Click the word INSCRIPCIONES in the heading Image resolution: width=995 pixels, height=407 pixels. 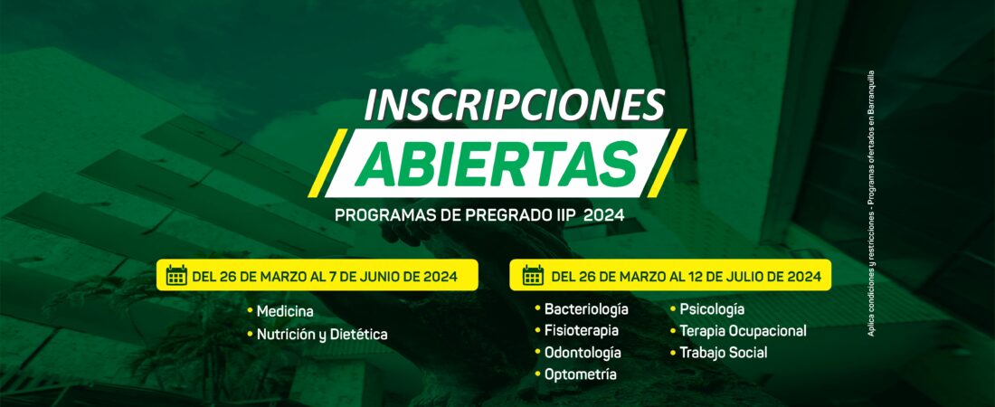click(x=515, y=104)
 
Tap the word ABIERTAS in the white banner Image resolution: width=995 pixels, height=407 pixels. click(x=497, y=162)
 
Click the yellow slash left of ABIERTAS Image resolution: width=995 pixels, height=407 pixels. click(x=328, y=163)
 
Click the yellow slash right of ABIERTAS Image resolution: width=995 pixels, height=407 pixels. click(x=667, y=163)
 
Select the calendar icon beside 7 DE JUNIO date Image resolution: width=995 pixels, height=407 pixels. click(x=176, y=276)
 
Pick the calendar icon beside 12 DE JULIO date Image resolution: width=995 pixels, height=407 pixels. click(x=533, y=276)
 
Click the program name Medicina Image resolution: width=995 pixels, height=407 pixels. click(x=285, y=312)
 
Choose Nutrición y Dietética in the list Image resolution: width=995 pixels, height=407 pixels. click(x=322, y=335)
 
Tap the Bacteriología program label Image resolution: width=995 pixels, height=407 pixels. click(x=586, y=309)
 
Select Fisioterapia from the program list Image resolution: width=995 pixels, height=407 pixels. click(x=582, y=331)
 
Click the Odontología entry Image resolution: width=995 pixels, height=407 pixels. click(x=583, y=353)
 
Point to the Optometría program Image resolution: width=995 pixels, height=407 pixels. click(x=580, y=374)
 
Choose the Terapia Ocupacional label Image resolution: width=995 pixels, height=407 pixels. click(x=743, y=331)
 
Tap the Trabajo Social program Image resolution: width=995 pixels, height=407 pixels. click(x=724, y=353)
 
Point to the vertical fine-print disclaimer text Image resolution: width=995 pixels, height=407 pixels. click(x=870, y=203)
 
